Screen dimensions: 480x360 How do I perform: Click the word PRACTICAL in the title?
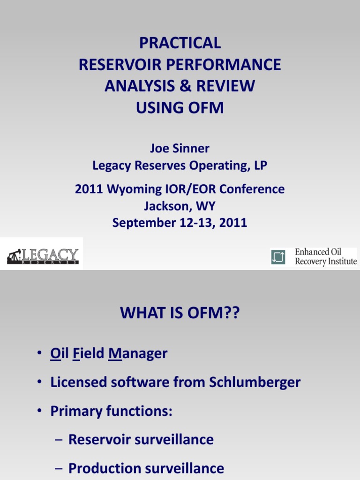[180, 43]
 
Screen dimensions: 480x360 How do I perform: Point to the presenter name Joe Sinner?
[180, 149]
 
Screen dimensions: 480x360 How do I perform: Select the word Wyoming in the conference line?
[133, 189]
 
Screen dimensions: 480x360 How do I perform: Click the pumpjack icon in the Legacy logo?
[14, 256]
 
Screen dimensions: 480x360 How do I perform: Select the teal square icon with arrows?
[277, 256]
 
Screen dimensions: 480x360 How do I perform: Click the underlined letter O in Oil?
[54, 353]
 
